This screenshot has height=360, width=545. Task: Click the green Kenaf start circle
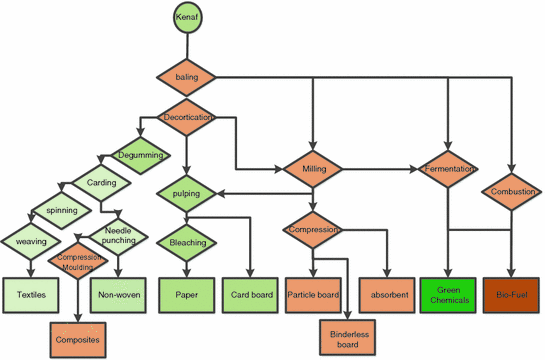[186, 21]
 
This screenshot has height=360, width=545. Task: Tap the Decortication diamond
[186, 117]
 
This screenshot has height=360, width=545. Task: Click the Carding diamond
[100, 183]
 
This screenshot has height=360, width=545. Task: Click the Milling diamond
[314, 168]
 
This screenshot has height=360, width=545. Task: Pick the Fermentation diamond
[448, 168]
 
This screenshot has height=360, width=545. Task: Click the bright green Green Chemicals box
[448, 295]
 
